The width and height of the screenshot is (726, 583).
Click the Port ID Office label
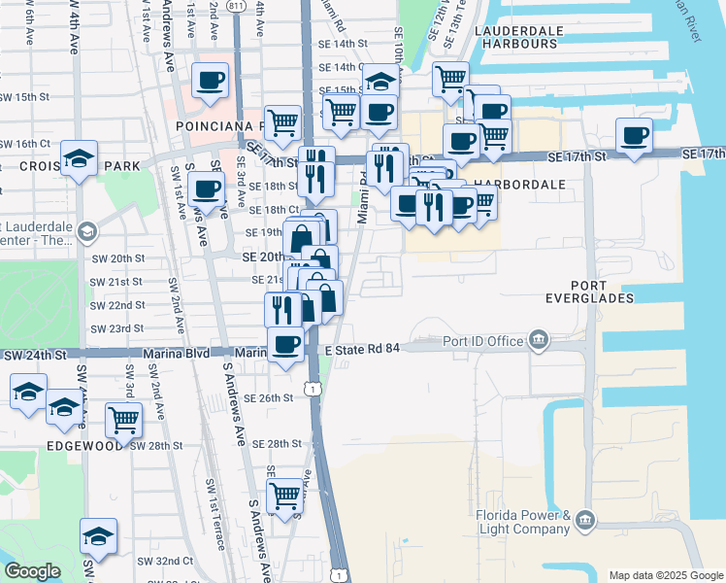pos(482,341)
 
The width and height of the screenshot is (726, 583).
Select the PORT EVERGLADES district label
pos(589,291)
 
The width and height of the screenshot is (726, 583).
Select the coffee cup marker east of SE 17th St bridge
pos(634,135)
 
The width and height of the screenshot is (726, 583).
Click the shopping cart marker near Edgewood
pos(124,419)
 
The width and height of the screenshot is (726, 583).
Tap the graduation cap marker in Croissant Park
pos(79,157)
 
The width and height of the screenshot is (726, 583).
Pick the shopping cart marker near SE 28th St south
pos(285,495)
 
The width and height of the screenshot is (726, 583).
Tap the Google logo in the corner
pos(33,572)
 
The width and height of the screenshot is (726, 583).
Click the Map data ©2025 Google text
pos(666,575)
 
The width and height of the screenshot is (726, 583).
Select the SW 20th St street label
pos(126,258)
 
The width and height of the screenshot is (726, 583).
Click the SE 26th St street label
pos(269,398)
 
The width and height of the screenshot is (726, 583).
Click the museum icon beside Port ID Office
pos(538,340)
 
